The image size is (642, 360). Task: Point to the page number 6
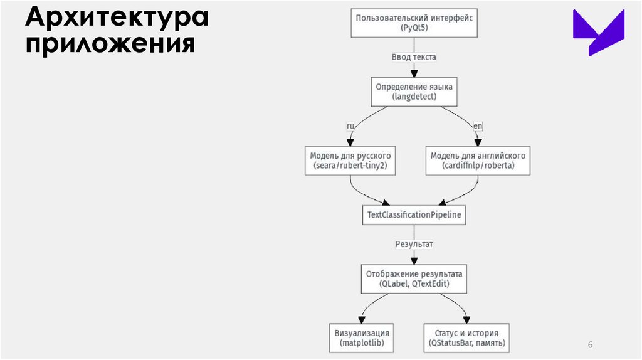590,345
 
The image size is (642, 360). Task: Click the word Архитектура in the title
117,18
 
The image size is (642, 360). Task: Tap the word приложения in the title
109,45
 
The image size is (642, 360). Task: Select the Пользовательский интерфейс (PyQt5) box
414,23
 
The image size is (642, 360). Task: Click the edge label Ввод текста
414,57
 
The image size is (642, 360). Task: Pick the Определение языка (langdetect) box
414,92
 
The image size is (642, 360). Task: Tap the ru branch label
351,126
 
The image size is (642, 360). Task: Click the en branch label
478,126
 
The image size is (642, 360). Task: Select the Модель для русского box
350,161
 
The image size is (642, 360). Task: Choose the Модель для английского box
478,161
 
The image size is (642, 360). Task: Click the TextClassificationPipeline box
414,215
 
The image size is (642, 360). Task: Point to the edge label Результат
414,243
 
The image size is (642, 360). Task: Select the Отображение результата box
414,279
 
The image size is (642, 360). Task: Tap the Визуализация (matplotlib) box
362,338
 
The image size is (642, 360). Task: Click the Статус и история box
466,338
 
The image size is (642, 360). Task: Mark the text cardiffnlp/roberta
478,167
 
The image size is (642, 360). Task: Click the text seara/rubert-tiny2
350,167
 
